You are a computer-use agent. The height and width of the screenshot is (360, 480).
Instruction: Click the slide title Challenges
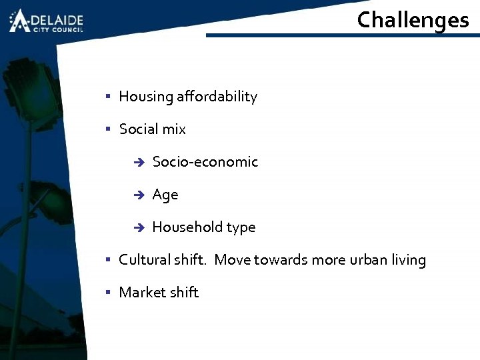click(x=413, y=20)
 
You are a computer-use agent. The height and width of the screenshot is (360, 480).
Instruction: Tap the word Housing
click(x=146, y=97)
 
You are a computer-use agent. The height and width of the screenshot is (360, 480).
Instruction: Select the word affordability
click(x=217, y=97)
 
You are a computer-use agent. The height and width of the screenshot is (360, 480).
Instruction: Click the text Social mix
click(x=152, y=129)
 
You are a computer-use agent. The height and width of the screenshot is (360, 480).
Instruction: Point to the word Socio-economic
click(x=205, y=162)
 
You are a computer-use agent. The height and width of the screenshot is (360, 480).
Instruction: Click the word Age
click(x=165, y=195)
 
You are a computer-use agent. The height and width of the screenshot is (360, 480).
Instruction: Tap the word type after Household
click(x=241, y=228)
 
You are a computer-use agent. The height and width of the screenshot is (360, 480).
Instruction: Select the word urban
click(x=369, y=260)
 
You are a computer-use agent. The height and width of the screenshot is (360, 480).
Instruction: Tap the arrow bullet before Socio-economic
click(x=138, y=163)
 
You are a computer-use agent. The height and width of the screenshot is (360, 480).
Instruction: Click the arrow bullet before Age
click(x=138, y=195)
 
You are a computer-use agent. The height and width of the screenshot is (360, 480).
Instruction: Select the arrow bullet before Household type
click(x=138, y=228)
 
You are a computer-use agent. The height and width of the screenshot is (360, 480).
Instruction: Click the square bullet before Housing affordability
click(x=108, y=96)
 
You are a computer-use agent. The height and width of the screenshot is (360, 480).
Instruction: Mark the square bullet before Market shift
click(x=108, y=292)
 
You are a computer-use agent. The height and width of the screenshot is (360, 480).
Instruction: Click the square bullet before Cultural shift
click(x=108, y=259)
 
